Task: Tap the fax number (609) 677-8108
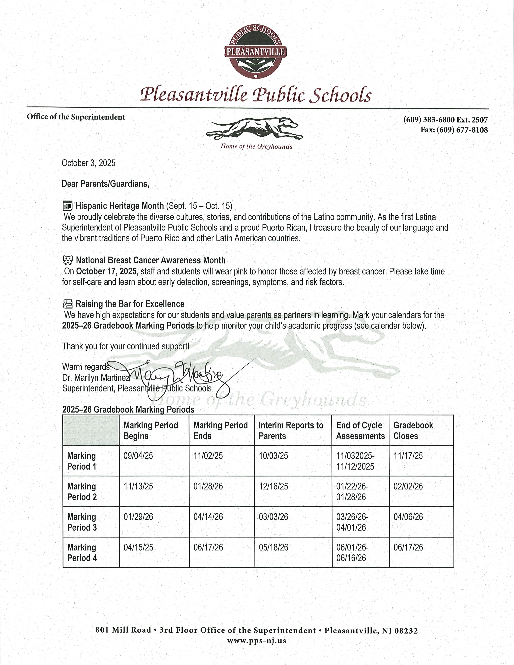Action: click(x=454, y=130)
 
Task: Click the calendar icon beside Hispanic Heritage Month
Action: click(x=67, y=206)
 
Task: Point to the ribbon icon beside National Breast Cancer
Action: click(x=68, y=260)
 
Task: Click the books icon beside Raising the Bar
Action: click(x=68, y=304)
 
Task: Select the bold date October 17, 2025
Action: click(x=106, y=271)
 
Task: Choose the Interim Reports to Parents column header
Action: click(x=291, y=430)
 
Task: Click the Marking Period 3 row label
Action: click(x=82, y=522)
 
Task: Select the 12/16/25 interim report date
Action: click(x=273, y=486)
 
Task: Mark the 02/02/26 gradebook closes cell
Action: click(x=408, y=486)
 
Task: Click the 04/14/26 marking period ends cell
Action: click(x=208, y=517)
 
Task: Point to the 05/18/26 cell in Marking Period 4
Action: click(x=273, y=547)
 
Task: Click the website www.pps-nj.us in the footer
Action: click(x=256, y=640)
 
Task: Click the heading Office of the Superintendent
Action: click(x=76, y=117)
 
